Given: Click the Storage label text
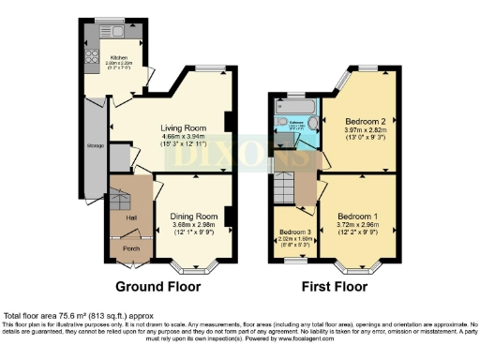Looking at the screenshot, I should click(96, 146).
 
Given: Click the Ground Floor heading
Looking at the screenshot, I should click(156, 286).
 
